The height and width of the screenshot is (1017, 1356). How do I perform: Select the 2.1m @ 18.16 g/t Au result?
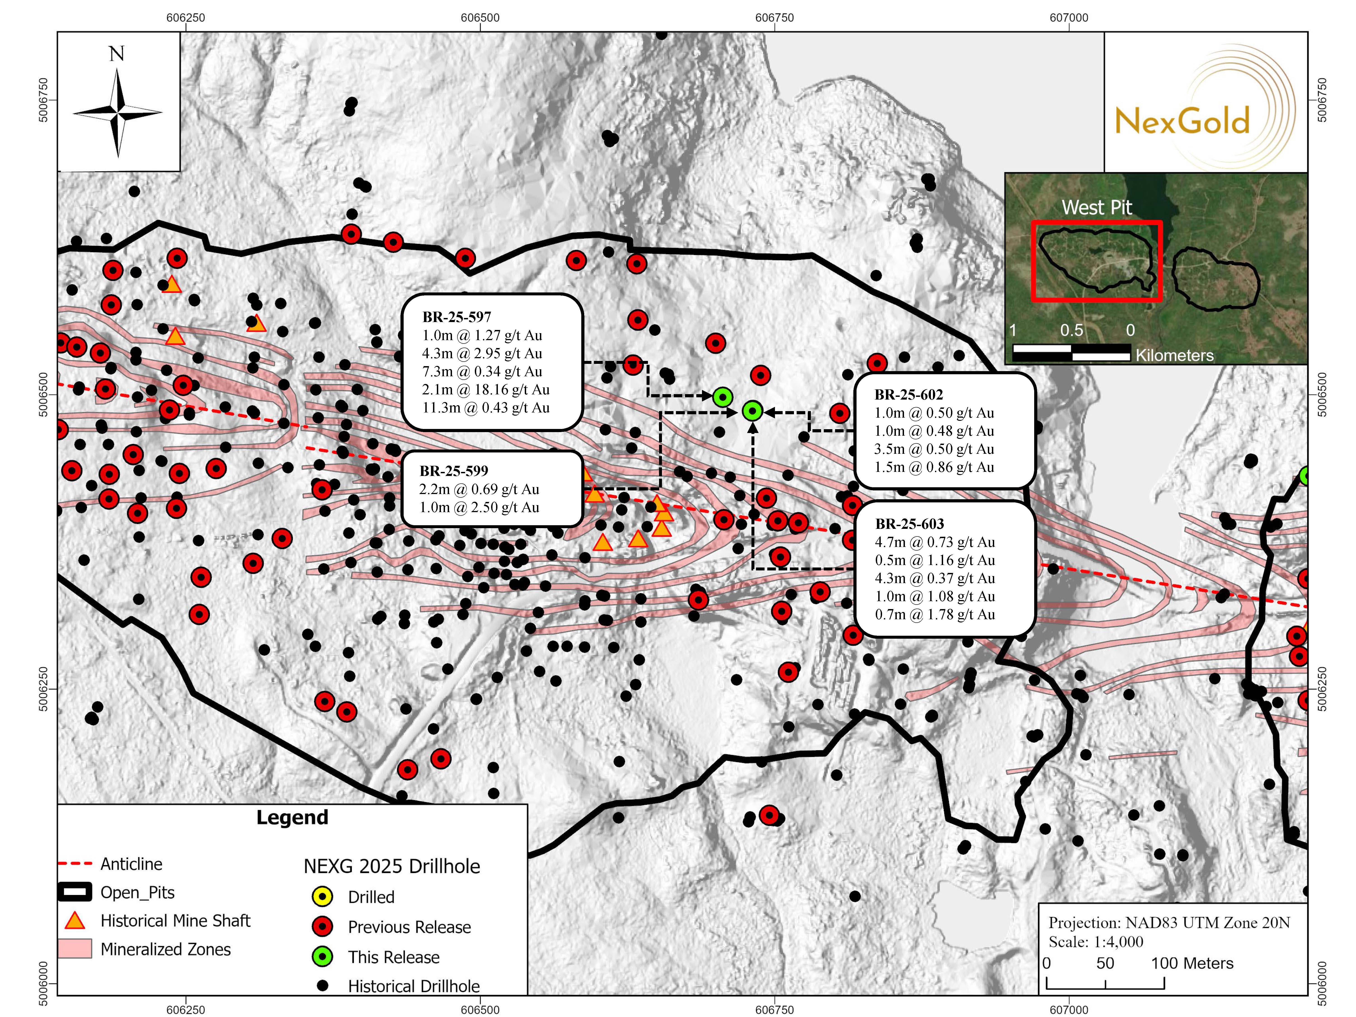point(485,389)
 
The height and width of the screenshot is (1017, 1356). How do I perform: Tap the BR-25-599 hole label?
point(454,471)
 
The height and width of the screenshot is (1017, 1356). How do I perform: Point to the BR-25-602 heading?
point(909,395)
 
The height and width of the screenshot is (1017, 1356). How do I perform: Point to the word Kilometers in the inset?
point(1174,355)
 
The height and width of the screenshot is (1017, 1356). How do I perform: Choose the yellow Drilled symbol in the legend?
point(322,897)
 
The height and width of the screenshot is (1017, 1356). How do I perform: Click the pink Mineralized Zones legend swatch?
point(75,949)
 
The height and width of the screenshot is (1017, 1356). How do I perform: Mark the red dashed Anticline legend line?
point(75,864)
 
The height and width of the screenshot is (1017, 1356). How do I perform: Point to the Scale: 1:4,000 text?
point(1095,942)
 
